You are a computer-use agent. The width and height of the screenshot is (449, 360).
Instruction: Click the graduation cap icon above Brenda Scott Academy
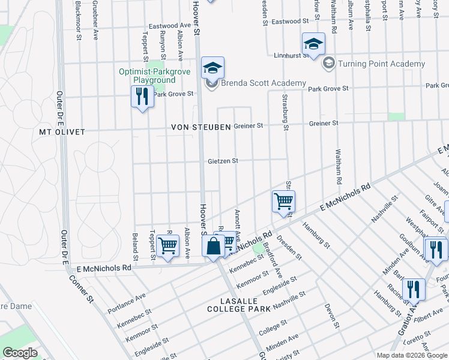(x=212, y=68)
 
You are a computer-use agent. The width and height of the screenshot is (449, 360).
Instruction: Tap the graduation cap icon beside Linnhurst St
(x=313, y=44)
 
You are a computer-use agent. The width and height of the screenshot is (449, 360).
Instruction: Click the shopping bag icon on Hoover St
(x=213, y=246)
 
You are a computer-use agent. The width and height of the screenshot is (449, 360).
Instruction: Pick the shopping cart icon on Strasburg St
(x=283, y=201)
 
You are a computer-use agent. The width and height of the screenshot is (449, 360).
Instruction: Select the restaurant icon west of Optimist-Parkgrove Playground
(x=142, y=96)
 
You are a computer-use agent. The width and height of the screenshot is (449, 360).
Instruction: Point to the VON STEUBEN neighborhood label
(x=200, y=127)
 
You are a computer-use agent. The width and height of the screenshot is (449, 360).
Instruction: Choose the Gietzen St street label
(x=223, y=161)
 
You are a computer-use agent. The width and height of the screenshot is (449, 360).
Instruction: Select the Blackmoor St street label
(x=79, y=22)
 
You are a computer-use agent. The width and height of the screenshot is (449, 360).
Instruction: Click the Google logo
(x=20, y=353)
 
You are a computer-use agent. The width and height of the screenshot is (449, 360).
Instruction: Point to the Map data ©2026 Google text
(x=412, y=355)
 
